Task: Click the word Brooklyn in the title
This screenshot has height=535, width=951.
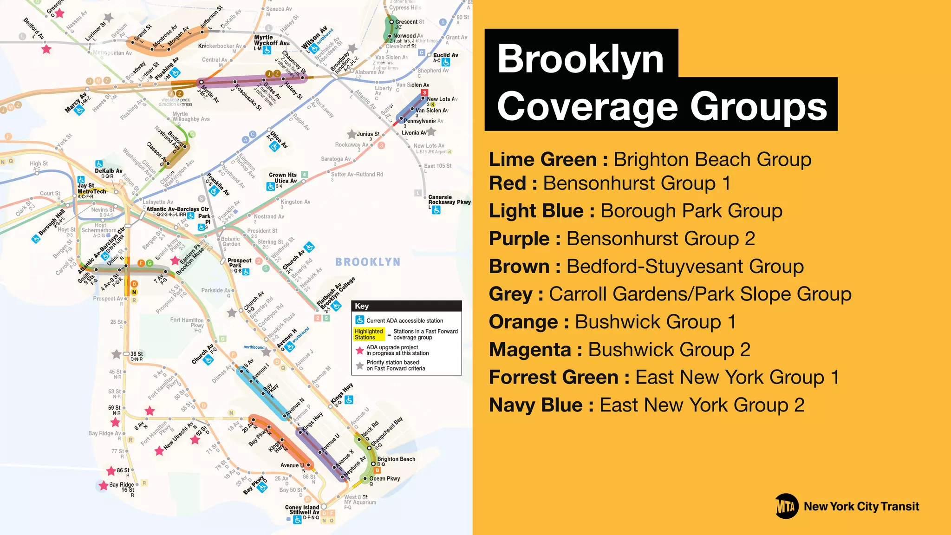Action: pos(580,59)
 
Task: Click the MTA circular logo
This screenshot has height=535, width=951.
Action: pos(787,506)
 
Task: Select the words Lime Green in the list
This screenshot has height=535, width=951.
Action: pos(543,160)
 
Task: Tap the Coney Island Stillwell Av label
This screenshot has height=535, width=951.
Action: pos(302,510)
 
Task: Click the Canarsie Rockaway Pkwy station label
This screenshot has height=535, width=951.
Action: pos(449,200)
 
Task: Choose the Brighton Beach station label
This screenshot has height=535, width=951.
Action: pos(396,459)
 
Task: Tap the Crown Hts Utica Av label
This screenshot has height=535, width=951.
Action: pos(283,178)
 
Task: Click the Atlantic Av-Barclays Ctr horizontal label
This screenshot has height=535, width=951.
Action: pos(177,209)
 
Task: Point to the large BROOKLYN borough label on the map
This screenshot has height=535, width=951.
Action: pos(368,262)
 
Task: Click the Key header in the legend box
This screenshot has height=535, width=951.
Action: pos(362,306)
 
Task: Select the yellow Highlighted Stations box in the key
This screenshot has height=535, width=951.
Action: pos(369,334)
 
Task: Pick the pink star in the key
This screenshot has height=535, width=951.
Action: pos(359,350)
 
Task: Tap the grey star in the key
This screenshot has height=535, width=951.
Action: pos(359,365)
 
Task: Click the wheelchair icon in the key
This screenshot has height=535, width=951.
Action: pos(360,320)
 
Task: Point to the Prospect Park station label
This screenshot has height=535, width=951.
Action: pos(239,263)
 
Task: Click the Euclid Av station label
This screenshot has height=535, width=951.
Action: pos(445,55)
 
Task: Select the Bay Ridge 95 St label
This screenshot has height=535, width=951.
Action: pos(122,487)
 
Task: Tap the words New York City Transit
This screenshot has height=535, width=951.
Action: pos(861,507)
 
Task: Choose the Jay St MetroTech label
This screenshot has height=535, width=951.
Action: pos(91,189)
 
